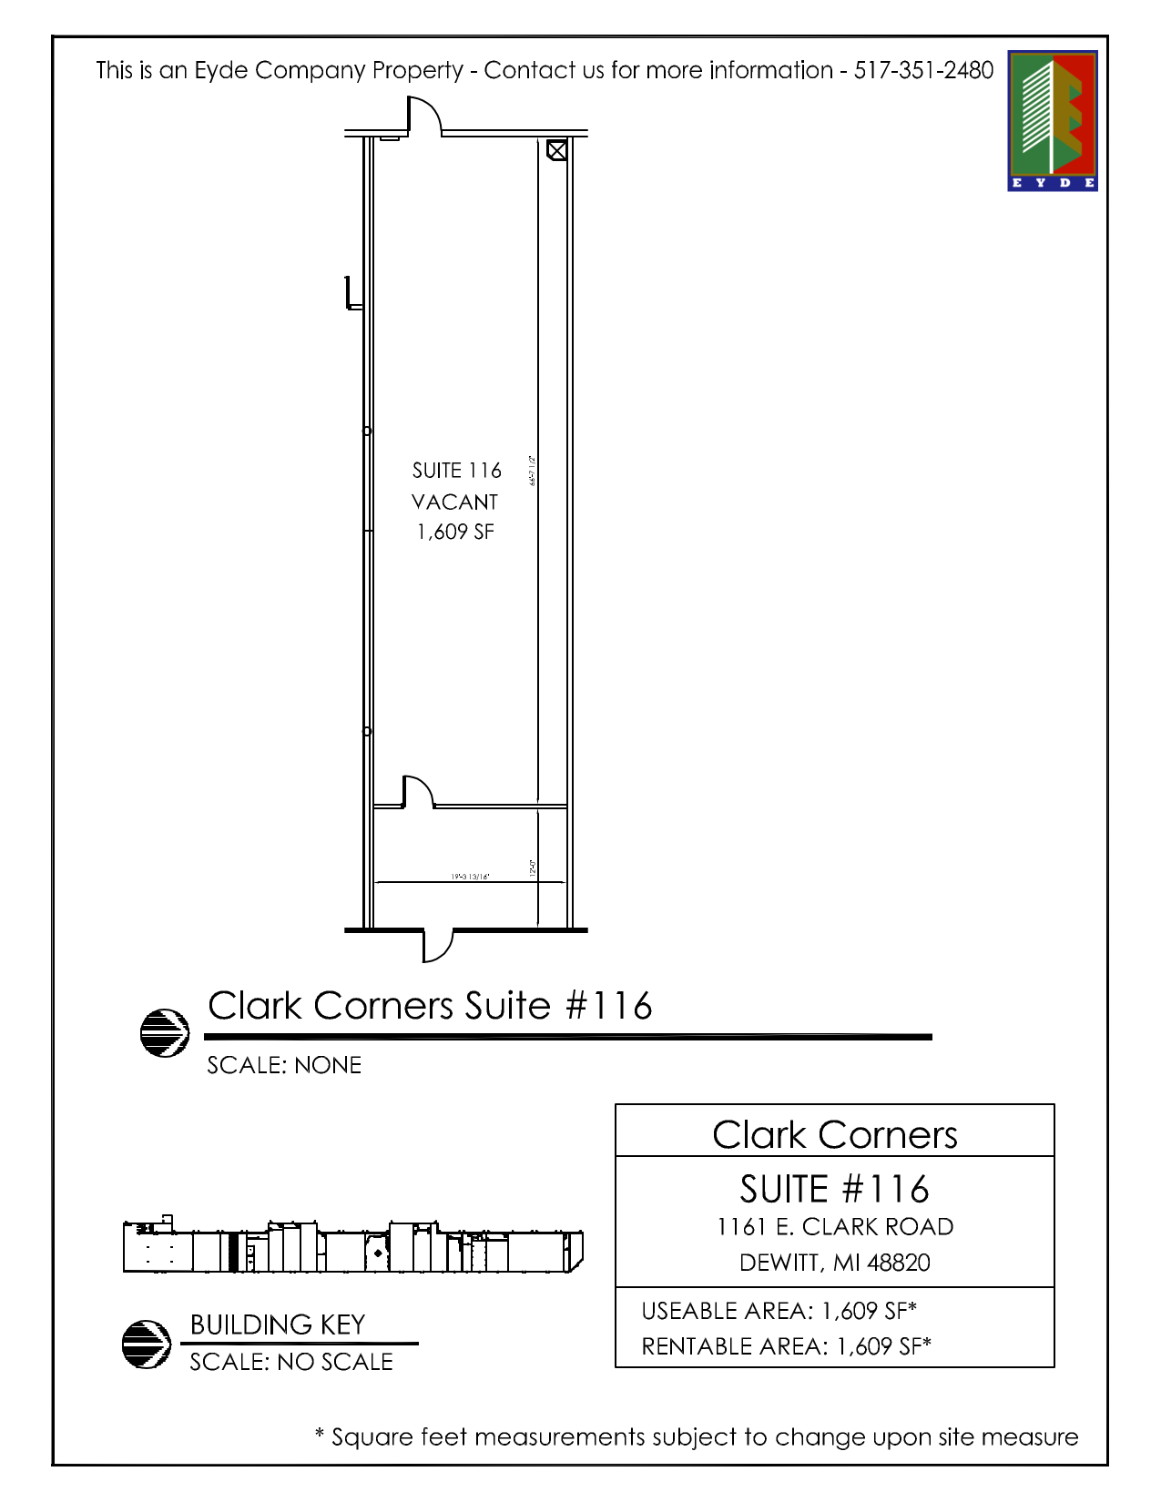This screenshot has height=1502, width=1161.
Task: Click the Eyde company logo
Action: [1052, 120]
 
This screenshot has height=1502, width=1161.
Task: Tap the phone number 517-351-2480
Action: [923, 70]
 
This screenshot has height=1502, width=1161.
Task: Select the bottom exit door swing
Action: [437, 945]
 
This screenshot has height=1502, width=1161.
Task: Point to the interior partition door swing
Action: [417, 791]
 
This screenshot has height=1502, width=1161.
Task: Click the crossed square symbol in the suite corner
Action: [556, 149]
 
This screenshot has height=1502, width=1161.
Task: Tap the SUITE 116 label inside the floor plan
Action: [456, 471]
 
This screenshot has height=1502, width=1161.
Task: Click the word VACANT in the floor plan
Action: [454, 502]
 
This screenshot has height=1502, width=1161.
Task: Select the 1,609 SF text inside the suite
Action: [455, 532]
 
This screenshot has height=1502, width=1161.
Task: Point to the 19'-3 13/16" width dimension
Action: [470, 877]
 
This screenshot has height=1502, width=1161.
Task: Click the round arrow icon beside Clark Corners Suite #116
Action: [165, 1032]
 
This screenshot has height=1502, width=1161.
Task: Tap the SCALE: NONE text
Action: [284, 1065]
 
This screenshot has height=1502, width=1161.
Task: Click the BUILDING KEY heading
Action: [278, 1324]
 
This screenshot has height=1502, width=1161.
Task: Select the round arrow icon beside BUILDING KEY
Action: [147, 1344]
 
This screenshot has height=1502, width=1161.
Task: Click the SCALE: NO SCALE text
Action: [291, 1362]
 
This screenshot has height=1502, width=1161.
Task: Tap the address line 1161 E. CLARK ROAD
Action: [835, 1227]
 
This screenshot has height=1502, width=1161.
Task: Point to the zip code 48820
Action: [899, 1263]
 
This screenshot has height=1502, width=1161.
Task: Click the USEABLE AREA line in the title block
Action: [779, 1311]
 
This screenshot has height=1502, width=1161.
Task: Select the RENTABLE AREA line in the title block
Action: [786, 1346]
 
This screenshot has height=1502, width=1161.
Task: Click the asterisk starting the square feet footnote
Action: [320, 1436]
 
